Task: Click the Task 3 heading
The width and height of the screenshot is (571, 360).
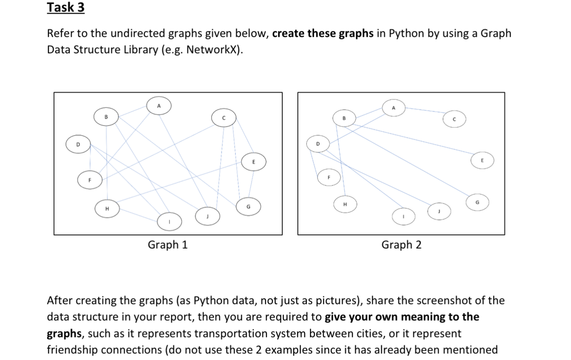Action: (66, 8)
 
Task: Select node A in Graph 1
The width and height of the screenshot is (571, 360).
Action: (159, 106)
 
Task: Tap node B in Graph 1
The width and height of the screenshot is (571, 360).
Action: (106, 117)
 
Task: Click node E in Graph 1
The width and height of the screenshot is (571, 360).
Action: (254, 162)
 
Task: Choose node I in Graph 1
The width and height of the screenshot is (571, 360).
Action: (169, 222)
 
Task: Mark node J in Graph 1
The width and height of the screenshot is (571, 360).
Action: (208, 216)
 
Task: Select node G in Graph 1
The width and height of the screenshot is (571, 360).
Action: (248, 206)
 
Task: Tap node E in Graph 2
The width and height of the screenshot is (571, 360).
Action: (482, 160)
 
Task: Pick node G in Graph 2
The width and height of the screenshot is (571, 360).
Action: (476, 202)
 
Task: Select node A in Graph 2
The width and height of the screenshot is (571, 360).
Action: (393, 108)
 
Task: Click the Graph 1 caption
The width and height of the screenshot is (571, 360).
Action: (168, 245)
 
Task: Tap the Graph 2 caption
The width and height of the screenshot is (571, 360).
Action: (401, 245)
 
